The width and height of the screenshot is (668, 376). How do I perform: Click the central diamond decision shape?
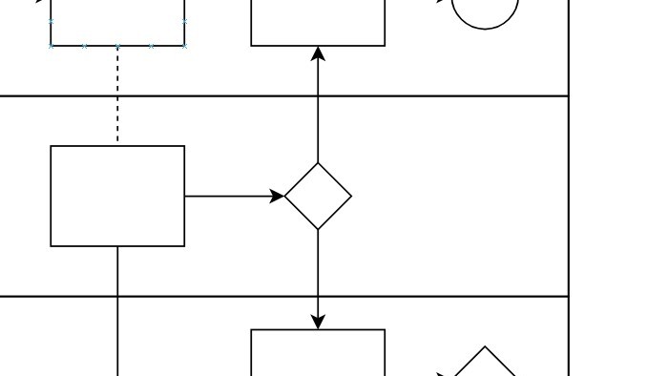pos(318,197)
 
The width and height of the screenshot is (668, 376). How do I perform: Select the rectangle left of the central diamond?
pos(117,197)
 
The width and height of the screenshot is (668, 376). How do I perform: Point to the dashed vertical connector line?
pos(117,95)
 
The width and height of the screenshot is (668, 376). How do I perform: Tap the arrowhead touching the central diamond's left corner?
pos(278,197)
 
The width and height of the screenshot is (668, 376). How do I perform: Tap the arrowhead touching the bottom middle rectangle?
pos(318,322)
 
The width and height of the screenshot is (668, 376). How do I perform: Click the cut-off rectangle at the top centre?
pos(318,21)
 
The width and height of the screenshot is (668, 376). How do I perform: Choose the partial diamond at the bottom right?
pos(485,364)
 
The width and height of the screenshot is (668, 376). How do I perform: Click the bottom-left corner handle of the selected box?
pos(51,46)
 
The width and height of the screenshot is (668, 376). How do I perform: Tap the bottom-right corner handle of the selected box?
pos(184,46)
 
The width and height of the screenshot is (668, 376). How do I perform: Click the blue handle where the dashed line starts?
pos(117,46)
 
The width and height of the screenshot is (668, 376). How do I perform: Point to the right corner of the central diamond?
pos(350,197)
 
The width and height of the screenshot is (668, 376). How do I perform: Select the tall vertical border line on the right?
pos(569,191)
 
